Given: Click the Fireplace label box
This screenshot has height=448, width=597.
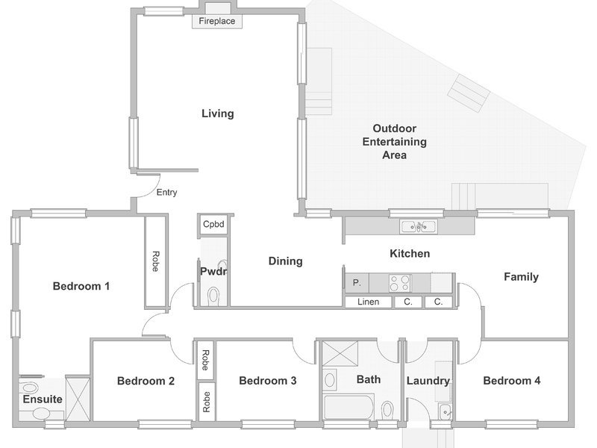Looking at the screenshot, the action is pyautogui.click(x=216, y=21).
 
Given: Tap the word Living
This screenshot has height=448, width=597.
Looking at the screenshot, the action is pyautogui.click(x=217, y=113).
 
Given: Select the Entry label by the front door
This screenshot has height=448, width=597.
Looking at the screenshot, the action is pyautogui.click(x=166, y=193).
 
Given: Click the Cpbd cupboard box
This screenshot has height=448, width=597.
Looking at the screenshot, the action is pyautogui.click(x=213, y=224).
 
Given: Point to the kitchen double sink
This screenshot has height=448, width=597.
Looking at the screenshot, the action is pyautogui.click(x=419, y=227).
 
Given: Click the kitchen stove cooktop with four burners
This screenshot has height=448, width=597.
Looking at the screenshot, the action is pyautogui.click(x=400, y=283).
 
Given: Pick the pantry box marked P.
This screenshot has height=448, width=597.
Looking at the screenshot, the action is pyautogui.click(x=357, y=283).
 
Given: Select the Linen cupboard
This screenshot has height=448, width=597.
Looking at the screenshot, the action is pyautogui.click(x=368, y=302).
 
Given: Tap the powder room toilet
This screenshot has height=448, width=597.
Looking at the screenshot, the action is pyautogui.click(x=213, y=296).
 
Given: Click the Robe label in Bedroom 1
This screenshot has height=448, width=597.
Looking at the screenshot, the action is pyautogui.click(x=155, y=261).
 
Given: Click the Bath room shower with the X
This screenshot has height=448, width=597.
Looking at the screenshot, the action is pyautogui.click(x=340, y=353).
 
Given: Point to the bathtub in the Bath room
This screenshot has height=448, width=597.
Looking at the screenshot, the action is pyautogui.click(x=348, y=407).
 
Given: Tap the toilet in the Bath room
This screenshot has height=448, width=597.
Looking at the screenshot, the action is pyautogui.click(x=387, y=409).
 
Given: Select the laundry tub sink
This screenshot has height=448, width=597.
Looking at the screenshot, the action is pyautogui.click(x=445, y=411).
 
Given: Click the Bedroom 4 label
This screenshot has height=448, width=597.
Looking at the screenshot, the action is pyautogui.click(x=512, y=381).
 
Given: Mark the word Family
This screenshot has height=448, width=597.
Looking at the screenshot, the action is pyautogui.click(x=521, y=277).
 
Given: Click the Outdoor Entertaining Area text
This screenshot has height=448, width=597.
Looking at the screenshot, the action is pyautogui.click(x=395, y=142).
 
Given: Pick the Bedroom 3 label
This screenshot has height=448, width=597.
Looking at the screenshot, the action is pyautogui.click(x=268, y=381).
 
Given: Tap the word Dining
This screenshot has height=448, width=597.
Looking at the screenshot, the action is pyautogui.click(x=286, y=261).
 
